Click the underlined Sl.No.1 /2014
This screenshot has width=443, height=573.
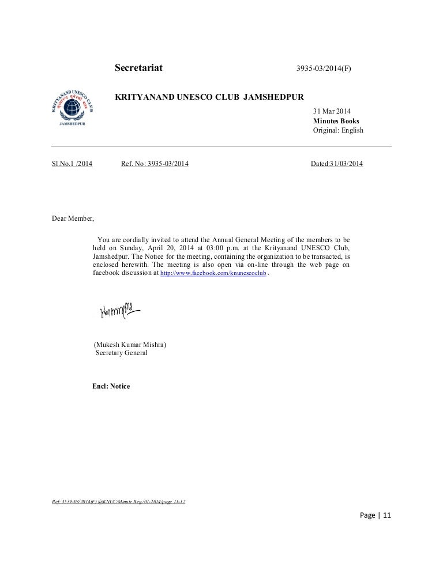click(72, 164)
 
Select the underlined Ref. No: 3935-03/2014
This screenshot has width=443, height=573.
click(155, 164)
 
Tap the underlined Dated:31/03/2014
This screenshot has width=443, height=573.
click(337, 164)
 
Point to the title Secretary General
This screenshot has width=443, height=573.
click(121, 353)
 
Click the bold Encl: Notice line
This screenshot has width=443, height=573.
click(111, 386)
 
